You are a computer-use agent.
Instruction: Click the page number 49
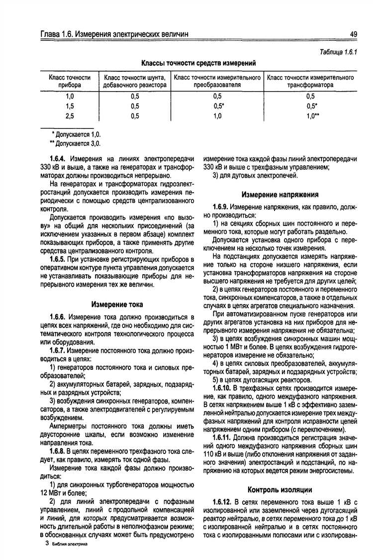(353, 34)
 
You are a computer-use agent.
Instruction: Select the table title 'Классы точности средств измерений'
(198, 63)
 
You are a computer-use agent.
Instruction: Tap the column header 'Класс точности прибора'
(69, 82)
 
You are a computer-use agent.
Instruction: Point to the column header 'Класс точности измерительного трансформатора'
(310, 82)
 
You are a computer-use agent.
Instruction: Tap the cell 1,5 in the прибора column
(69, 106)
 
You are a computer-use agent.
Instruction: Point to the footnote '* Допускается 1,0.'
(76, 134)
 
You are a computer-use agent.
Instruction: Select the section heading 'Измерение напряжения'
(280, 195)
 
